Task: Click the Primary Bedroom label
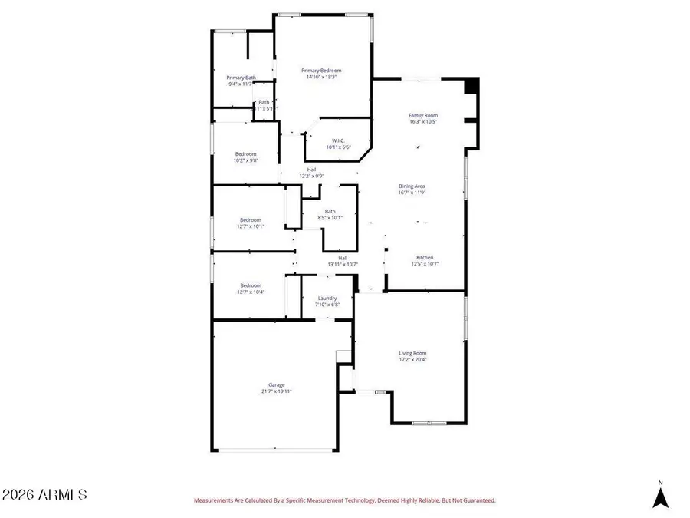(x=321, y=71)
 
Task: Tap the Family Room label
(x=423, y=115)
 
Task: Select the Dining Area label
(x=412, y=186)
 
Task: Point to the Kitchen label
(x=425, y=257)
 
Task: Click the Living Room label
(x=412, y=353)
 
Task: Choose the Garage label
(x=276, y=385)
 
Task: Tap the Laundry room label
(x=327, y=299)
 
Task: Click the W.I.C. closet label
(x=338, y=140)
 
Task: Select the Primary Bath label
(x=241, y=78)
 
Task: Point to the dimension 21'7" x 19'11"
(x=276, y=391)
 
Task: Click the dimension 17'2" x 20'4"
(x=412, y=359)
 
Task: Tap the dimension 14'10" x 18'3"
(x=321, y=77)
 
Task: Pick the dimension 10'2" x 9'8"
(x=246, y=160)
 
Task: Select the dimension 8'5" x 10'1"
(x=330, y=218)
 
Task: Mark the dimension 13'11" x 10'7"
(x=343, y=264)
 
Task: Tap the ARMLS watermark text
(x=44, y=495)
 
